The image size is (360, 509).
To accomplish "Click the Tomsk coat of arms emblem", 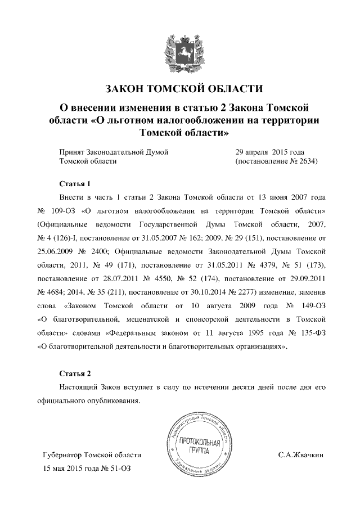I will [181, 50].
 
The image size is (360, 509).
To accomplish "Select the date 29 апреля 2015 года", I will [269, 152].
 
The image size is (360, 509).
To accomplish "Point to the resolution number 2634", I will [307, 161].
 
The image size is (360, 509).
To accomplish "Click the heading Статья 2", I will [74, 373].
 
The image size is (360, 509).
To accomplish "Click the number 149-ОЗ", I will [309, 306].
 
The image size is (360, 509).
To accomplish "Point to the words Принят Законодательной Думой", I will [114, 152].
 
